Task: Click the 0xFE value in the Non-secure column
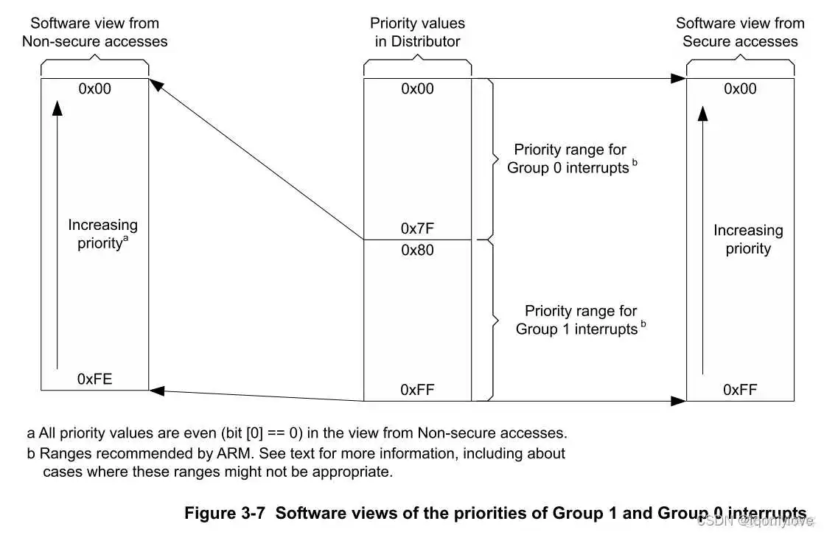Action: click(94, 380)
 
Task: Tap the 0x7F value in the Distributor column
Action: click(417, 228)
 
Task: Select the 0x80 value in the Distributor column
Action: click(417, 251)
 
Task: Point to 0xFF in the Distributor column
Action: click(417, 389)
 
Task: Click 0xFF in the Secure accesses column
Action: click(740, 389)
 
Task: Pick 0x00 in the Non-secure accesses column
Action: click(94, 88)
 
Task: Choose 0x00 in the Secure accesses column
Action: click(740, 88)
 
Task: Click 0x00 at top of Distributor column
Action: click(417, 88)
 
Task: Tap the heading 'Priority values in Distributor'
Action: click(417, 32)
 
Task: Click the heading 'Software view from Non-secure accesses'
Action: click(94, 32)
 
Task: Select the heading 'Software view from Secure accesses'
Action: click(740, 32)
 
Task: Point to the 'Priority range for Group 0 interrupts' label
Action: click(568, 158)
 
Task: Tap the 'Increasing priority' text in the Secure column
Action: click(747, 239)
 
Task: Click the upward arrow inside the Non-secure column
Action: click(57, 236)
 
